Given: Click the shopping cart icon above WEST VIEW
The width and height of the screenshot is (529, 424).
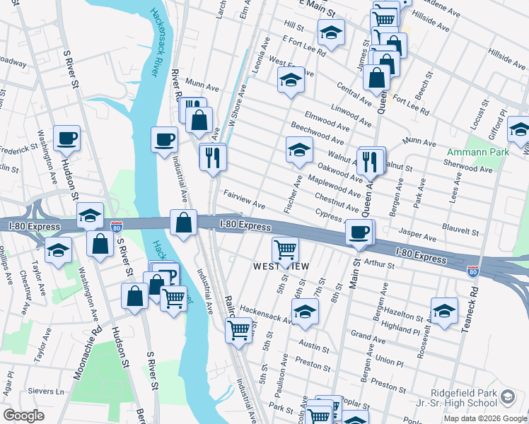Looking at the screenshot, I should (284, 248).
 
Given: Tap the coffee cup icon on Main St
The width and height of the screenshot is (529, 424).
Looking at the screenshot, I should (359, 231).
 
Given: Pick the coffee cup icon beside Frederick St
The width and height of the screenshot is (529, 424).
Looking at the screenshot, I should (66, 138).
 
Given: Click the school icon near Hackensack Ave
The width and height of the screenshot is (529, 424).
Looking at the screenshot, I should (305, 312).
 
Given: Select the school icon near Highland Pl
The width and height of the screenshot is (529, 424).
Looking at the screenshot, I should (444, 310).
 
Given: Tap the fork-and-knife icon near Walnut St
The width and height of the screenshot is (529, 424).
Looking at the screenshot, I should (371, 160).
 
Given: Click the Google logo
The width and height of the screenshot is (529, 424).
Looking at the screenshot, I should (23, 416).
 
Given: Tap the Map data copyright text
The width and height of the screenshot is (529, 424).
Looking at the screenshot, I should (484, 418).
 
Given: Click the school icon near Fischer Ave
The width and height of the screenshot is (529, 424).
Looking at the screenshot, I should (299, 149).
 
